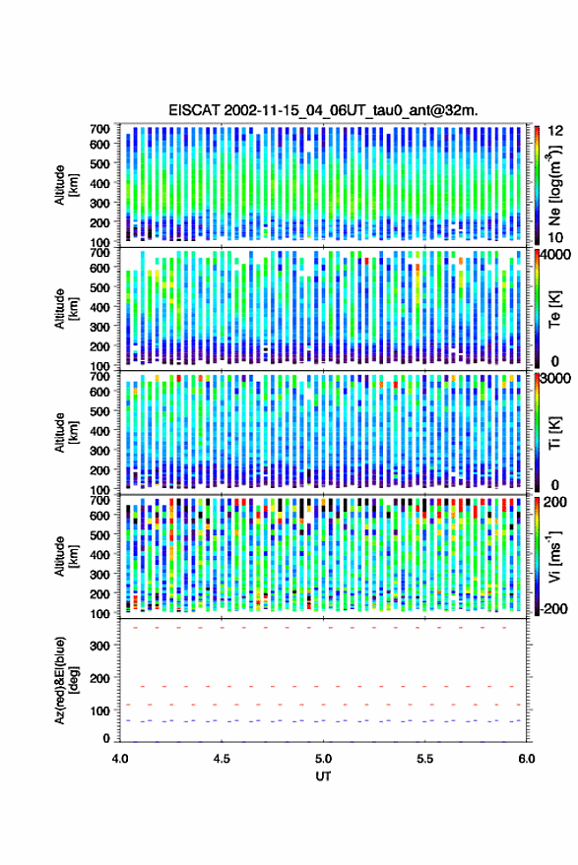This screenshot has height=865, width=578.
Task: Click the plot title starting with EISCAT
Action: (x=323, y=110)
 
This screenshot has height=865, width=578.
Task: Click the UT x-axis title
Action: (x=324, y=776)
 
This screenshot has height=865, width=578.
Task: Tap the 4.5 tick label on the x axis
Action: (x=222, y=759)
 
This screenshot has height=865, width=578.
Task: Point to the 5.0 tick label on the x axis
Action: (x=324, y=759)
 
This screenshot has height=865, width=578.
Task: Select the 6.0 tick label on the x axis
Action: (x=527, y=759)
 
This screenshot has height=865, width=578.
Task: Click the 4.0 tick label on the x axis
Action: (x=120, y=759)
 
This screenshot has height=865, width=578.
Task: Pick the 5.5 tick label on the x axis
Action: (x=425, y=759)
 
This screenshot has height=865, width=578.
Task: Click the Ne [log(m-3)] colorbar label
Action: (x=554, y=185)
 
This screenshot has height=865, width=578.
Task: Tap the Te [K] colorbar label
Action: (x=554, y=309)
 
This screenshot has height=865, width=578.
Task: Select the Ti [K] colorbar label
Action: (x=554, y=433)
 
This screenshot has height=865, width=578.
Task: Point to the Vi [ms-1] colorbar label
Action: (x=554, y=556)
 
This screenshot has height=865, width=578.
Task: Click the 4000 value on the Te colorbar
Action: (x=555, y=256)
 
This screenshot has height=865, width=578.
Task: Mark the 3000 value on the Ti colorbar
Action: (x=555, y=379)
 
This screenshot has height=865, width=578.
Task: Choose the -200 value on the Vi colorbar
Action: (x=553, y=608)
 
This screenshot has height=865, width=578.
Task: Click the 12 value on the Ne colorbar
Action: (x=556, y=131)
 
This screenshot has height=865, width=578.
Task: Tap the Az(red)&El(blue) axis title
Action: (x=65, y=681)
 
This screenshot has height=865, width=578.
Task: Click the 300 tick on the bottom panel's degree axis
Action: (x=99, y=646)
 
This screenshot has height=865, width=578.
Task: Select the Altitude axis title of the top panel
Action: (x=65, y=185)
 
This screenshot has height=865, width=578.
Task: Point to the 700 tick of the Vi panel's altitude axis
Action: (x=99, y=500)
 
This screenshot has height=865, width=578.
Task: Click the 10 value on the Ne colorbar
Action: (x=556, y=237)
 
